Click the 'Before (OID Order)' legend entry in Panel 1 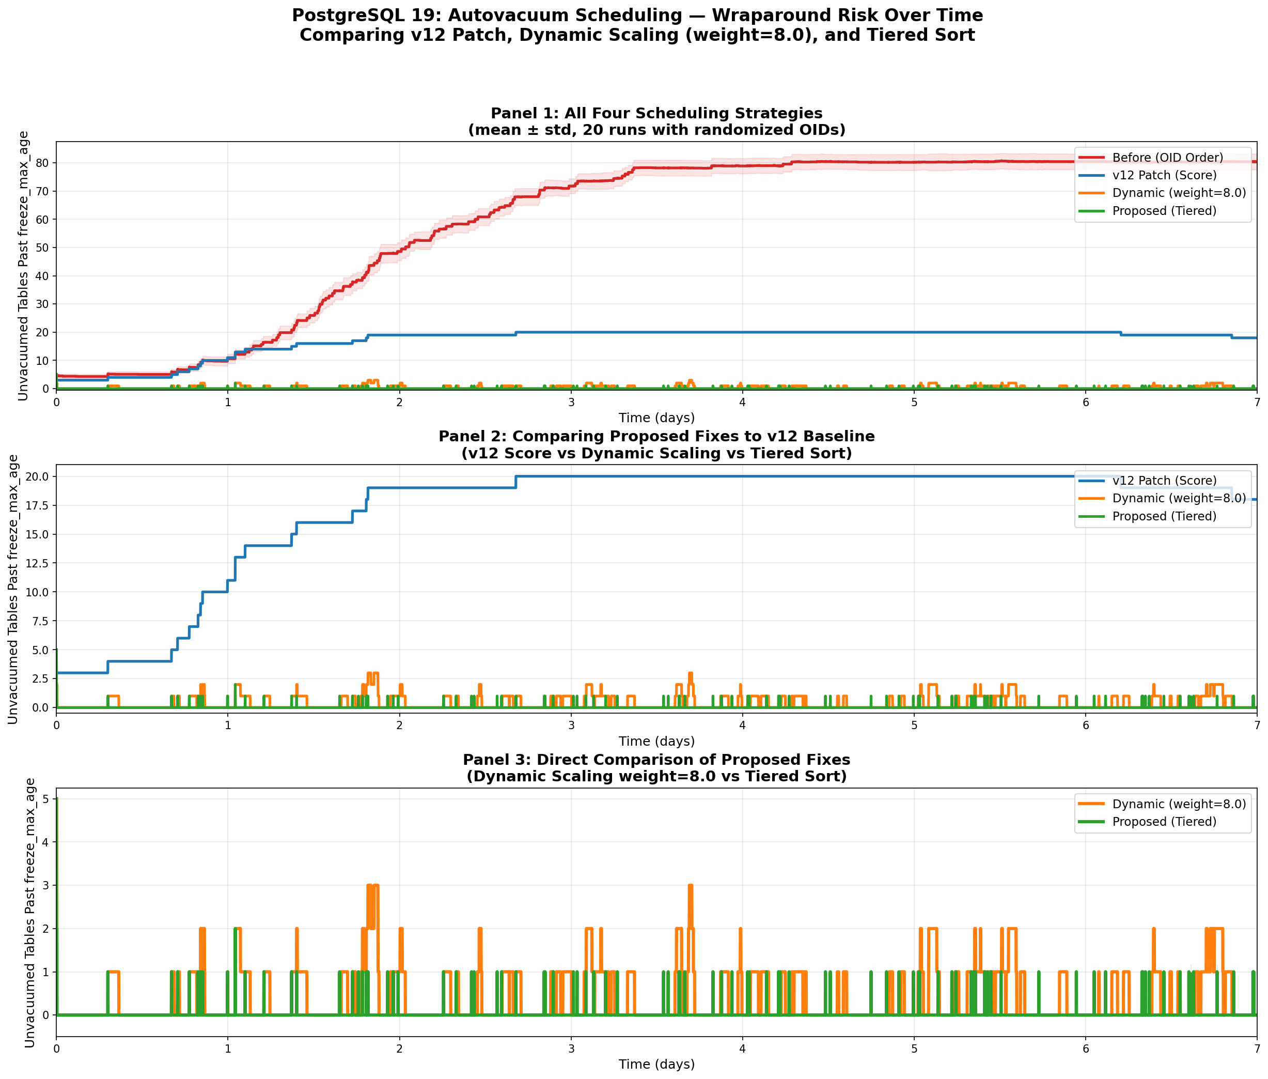coord(1167,158)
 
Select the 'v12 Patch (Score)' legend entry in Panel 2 coord(1164,481)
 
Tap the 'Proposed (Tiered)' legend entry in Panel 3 coord(1164,822)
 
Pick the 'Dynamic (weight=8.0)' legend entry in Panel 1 coord(1179,193)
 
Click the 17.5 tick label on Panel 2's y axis coord(36,506)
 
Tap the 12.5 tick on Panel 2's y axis coord(36,563)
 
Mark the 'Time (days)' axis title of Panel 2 coord(656,742)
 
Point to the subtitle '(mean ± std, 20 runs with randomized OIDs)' coord(656,130)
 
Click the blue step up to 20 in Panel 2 coord(516,482)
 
